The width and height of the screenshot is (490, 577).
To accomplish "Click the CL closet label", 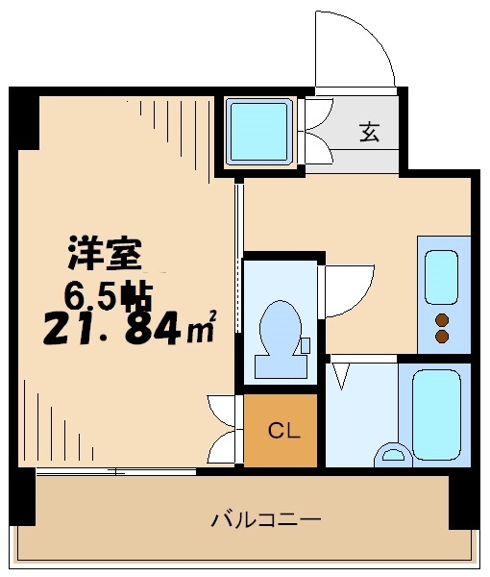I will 282,430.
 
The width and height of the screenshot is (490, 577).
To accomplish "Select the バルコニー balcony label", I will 266,519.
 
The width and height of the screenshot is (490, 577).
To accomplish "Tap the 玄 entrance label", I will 369,133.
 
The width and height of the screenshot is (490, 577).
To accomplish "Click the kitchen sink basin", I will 441,276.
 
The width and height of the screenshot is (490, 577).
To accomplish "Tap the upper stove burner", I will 443,319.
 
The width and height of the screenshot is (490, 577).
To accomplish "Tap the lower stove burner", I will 443,337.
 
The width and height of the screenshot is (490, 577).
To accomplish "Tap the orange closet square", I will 280,430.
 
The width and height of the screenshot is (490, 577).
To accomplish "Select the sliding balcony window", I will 115,471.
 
